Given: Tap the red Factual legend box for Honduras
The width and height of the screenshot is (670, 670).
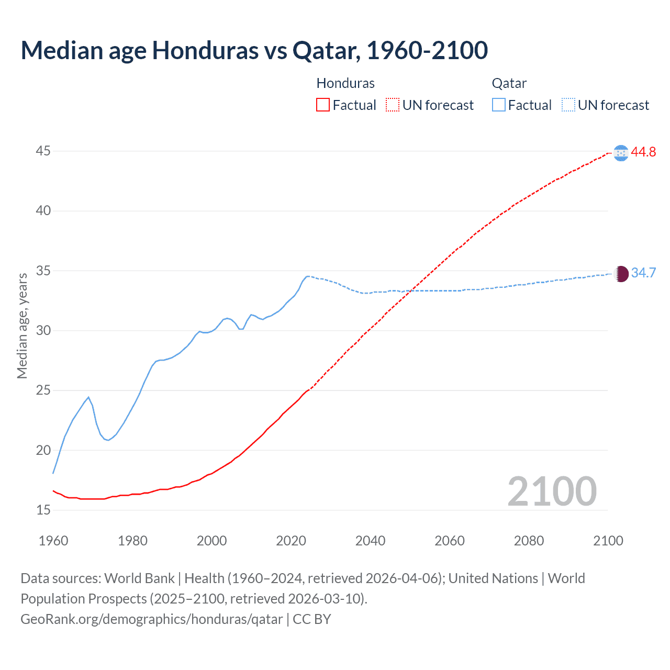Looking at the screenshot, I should point(323,105).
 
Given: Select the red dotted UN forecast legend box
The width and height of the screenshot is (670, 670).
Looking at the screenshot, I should point(393,105).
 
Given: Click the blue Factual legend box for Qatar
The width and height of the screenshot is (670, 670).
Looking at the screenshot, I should point(499,105).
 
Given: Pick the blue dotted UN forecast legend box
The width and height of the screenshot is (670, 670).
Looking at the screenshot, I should point(568,105).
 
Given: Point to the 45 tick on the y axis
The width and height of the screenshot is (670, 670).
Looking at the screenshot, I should point(43,151).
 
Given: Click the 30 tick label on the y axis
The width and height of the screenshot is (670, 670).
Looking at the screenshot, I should point(43,330).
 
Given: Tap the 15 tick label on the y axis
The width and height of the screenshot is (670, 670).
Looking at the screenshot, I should point(43,510).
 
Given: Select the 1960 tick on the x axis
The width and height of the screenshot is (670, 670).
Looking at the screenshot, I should point(53,541).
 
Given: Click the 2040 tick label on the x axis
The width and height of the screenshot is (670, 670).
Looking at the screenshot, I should point(370,541).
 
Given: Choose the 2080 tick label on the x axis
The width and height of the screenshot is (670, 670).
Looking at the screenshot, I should point(529,541).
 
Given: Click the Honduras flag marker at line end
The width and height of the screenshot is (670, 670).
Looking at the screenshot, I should point(621,153).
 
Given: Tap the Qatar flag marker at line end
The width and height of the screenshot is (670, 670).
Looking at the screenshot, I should point(621,274).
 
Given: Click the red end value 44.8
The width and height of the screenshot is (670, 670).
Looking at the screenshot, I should point(643,152).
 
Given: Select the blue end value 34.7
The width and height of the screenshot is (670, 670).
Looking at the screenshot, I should point(643,273).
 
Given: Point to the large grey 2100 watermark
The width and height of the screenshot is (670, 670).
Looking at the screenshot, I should point(552,491).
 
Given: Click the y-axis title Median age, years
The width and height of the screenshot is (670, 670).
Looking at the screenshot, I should point(22,326).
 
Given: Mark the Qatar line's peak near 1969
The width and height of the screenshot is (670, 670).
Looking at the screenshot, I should point(88,397).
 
